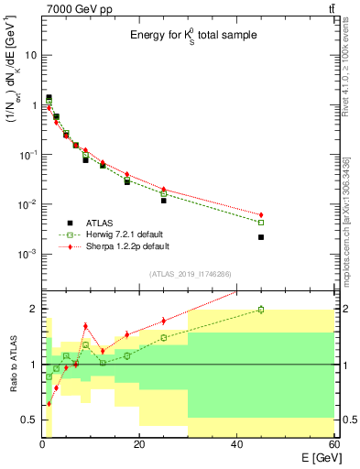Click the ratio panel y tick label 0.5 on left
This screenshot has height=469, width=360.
pos(27,420)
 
